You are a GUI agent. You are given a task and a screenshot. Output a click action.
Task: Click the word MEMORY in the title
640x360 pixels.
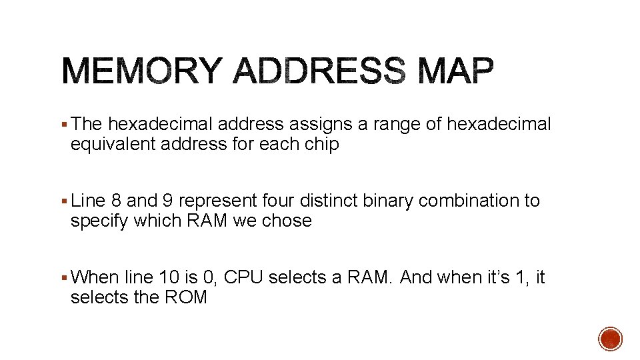141,71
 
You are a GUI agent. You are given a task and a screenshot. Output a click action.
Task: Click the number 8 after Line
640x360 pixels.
116,201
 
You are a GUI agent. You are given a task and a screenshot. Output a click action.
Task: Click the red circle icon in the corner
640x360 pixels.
610,338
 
